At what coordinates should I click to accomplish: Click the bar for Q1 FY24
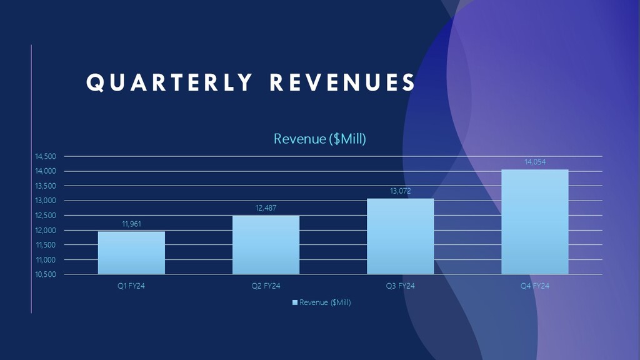click(131, 252)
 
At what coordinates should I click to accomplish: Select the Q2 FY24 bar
click(266, 245)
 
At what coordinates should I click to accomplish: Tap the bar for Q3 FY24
click(400, 236)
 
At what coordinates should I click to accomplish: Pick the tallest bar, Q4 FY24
click(534, 222)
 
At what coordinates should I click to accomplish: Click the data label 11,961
click(131, 223)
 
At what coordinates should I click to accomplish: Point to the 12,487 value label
click(266, 207)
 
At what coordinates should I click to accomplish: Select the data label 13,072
click(400, 191)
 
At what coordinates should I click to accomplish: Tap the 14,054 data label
click(535, 162)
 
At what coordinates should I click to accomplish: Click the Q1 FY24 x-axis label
click(131, 286)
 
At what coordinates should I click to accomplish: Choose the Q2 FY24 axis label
click(266, 286)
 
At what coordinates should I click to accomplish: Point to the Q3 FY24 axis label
click(400, 286)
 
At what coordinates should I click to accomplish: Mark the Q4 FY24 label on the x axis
click(535, 286)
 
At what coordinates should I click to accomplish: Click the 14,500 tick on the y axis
click(45, 156)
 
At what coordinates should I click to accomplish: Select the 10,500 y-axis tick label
click(45, 274)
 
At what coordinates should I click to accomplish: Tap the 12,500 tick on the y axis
click(45, 216)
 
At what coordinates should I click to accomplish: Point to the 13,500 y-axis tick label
click(45, 186)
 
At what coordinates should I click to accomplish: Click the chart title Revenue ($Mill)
click(319, 139)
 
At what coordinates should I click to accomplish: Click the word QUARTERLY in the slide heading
click(169, 83)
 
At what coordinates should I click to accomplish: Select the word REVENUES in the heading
click(342, 83)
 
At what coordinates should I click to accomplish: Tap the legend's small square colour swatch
click(295, 302)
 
